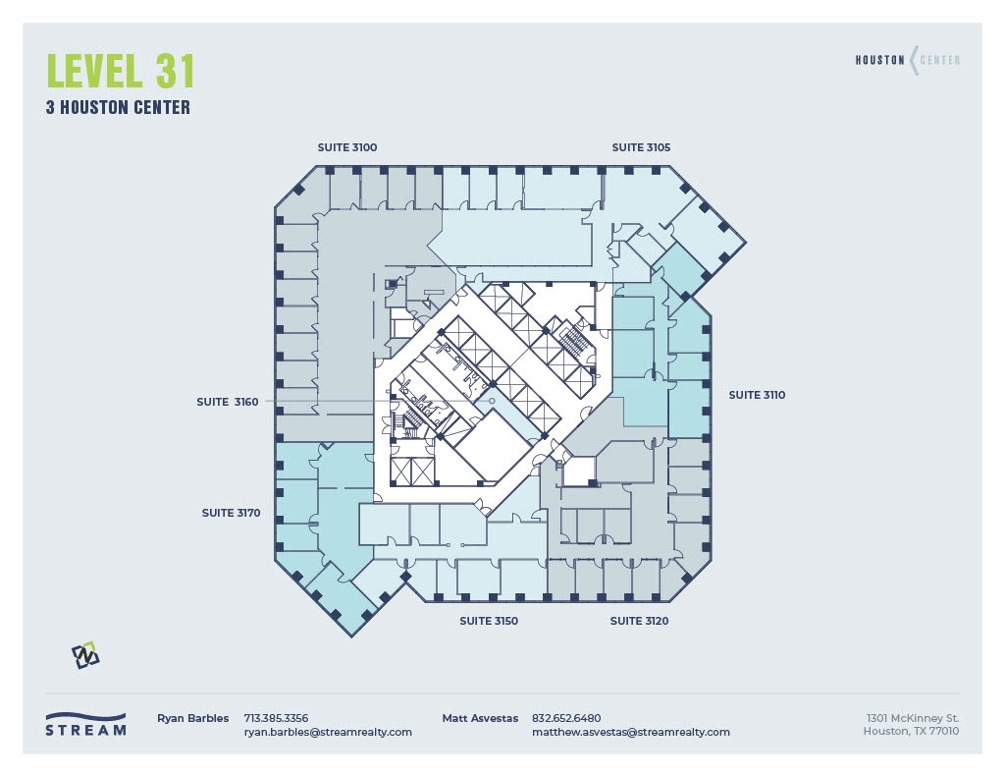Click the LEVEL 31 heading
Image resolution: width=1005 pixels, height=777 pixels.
click(x=121, y=72)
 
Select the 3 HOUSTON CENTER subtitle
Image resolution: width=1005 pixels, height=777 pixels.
click(x=118, y=108)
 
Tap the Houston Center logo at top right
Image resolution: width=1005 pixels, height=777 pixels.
click(x=907, y=60)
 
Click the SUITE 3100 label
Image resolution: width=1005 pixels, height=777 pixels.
click(x=346, y=147)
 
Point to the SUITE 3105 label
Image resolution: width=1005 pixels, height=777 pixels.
click(x=641, y=147)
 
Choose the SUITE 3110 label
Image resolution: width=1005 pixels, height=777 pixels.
click(x=757, y=395)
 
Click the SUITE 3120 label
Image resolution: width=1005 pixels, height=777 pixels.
click(x=639, y=621)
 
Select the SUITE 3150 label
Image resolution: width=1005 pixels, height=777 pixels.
click(x=489, y=621)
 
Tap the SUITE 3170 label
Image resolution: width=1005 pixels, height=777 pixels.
click(x=231, y=513)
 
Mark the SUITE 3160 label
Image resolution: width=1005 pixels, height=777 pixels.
click(x=227, y=402)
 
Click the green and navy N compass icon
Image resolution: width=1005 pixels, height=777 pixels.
click(x=85, y=655)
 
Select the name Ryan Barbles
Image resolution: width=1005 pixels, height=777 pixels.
click(x=192, y=718)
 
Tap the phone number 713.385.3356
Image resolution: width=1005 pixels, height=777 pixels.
click(x=276, y=718)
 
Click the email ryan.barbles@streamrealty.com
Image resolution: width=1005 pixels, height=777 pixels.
click(x=328, y=732)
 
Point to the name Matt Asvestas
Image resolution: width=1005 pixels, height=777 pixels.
click(x=480, y=718)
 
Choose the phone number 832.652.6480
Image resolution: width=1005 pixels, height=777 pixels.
click(x=566, y=718)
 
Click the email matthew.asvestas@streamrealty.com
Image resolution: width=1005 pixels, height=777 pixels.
click(x=630, y=732)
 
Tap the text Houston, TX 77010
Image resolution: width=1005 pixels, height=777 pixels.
click(x=911, y=732)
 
